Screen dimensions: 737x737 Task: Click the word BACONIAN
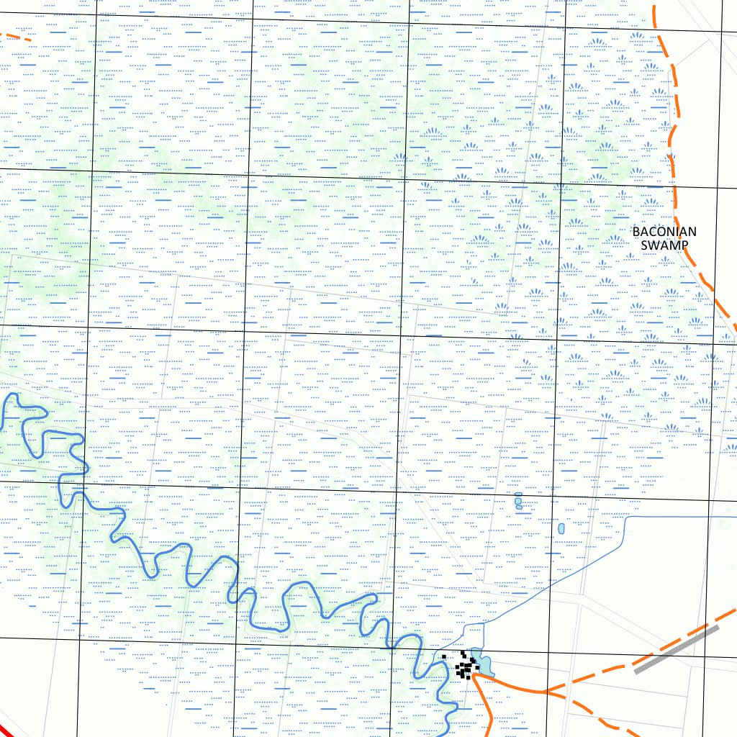pos(664,232)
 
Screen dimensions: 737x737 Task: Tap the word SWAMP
pos(664,245)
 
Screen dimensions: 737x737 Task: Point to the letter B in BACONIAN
pos(636,232)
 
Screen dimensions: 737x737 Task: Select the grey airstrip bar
pos(677,649)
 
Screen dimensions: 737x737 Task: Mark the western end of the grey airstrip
pos(637,671)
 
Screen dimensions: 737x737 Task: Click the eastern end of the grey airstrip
pos(717,628)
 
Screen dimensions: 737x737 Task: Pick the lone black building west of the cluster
pos(444,656)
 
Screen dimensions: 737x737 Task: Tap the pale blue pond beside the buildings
pos(481,664)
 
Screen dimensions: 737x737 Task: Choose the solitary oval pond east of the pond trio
pos(561,529)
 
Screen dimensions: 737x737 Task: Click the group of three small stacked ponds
pos(518,501)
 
